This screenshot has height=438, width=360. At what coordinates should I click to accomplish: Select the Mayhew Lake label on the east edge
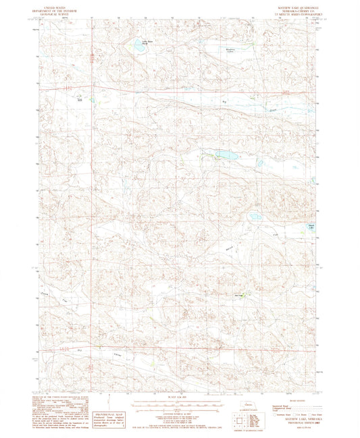point(311,226)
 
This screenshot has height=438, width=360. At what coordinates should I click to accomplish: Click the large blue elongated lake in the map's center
point(226,155)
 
